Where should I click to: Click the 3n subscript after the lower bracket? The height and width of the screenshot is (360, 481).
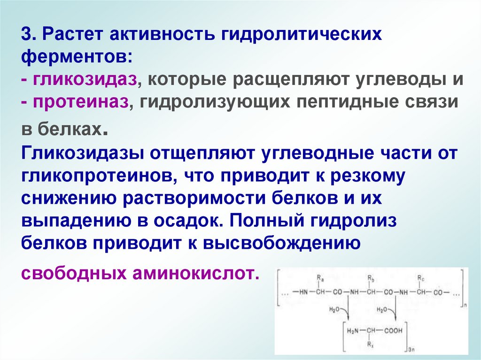click(410, 350)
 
